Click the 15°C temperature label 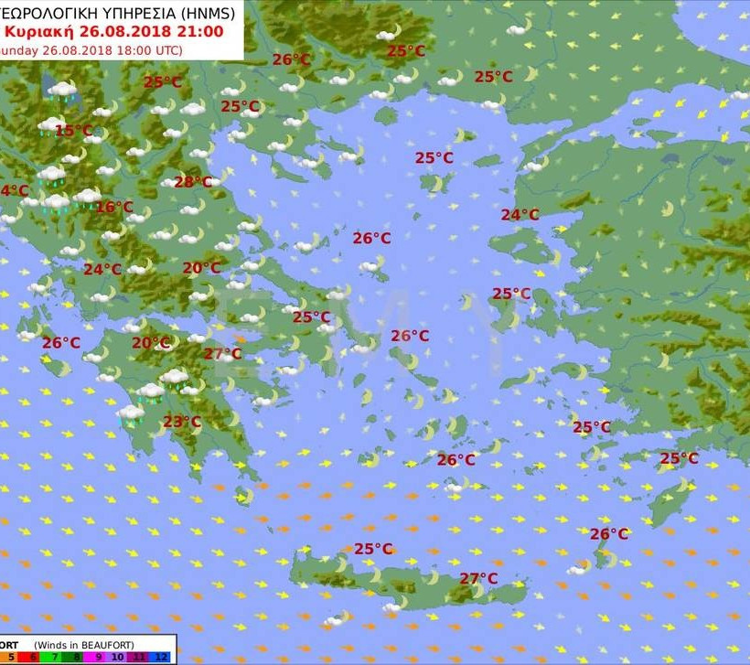pyautogui.click(x=73, y=131)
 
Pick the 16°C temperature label pyautogui.click(x=113, y=208)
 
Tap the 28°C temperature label pyautogui.click(x=192, y=182)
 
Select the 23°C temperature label pyautogui.click(x=181, y=422)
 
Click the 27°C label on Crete pyautogui.click(x=478, y=578)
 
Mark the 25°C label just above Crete pyautogui.click(x=373, y=549)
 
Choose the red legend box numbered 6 pyautogui.click(x=33, y=657)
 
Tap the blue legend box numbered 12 pyautogui.click(x=161, y=657)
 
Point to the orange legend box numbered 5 pyautogui.click(x=11, y=657)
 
